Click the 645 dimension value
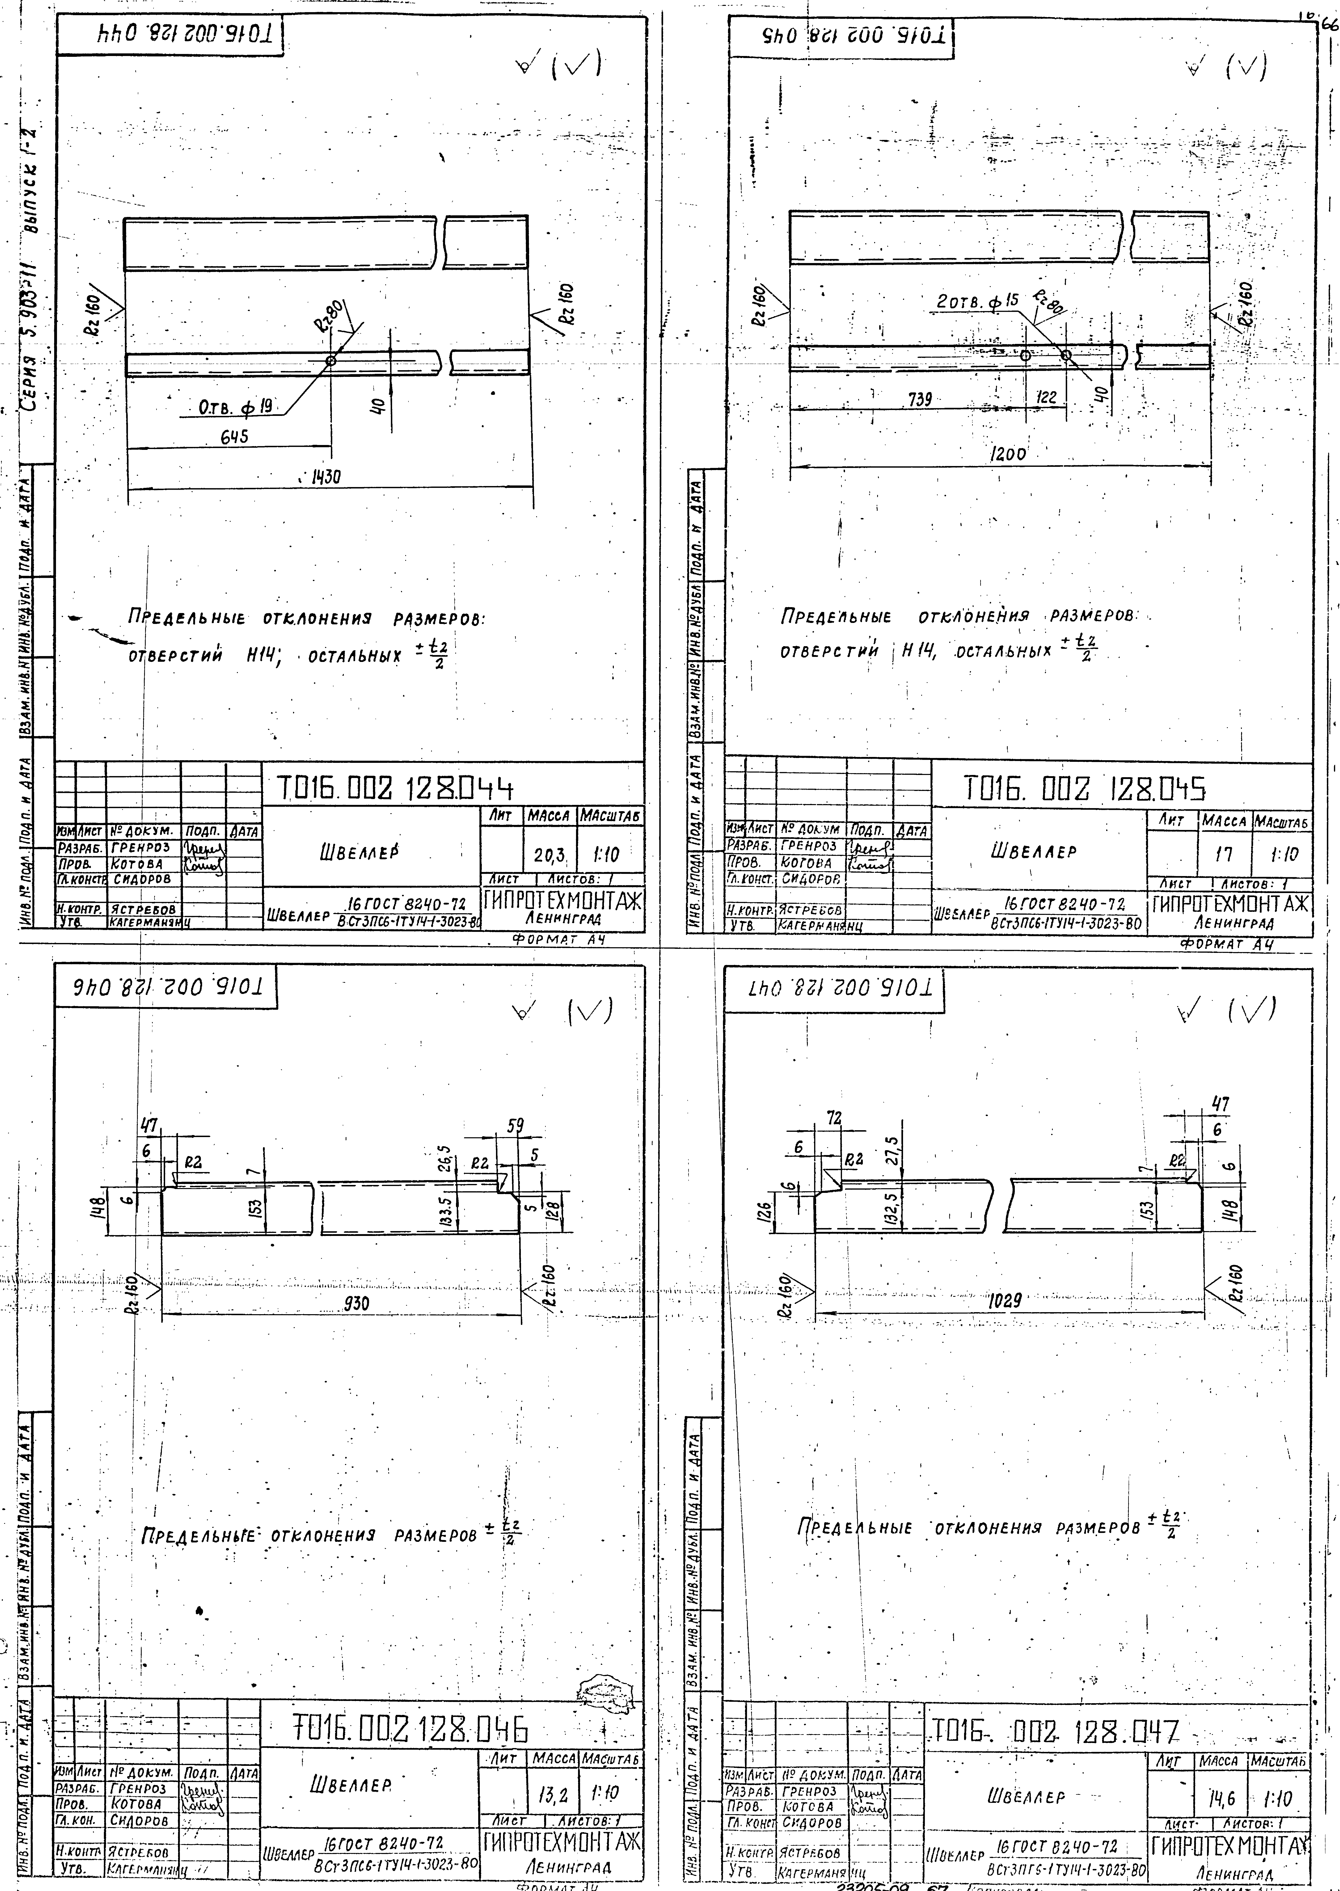click(x=233, y=438)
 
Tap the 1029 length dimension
click(x=1005, y=1301)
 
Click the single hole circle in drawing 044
click(x=331, y=361)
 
